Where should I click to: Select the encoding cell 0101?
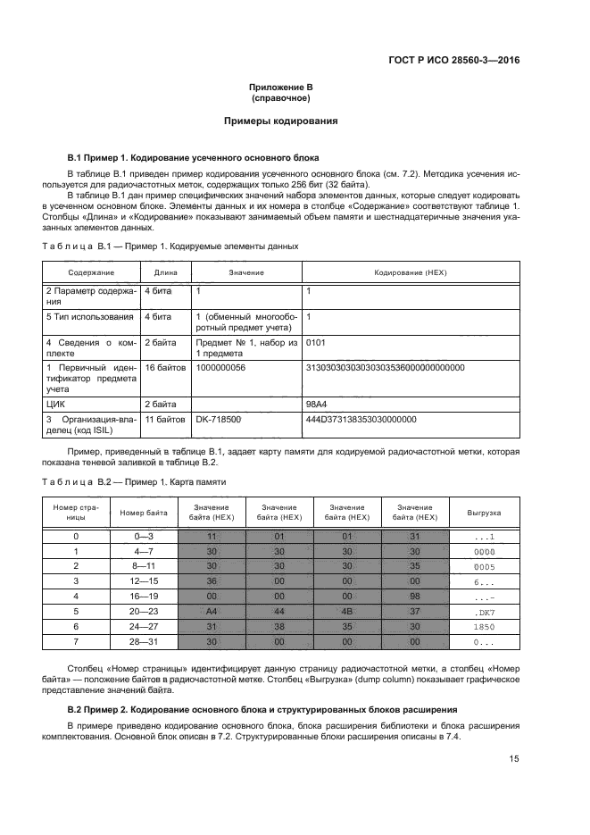point(318,341)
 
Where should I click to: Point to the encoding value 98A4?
point(316,404)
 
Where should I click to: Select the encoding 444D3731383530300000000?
point(361,418)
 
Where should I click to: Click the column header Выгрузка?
point(485,514)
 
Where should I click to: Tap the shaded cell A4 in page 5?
point(212,612)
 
